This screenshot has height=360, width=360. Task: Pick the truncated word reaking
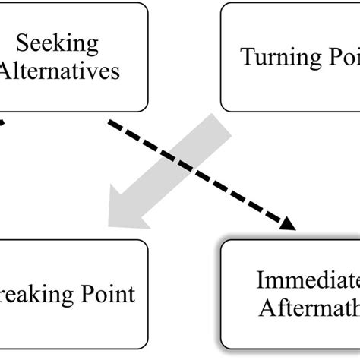tap(33, 293)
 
